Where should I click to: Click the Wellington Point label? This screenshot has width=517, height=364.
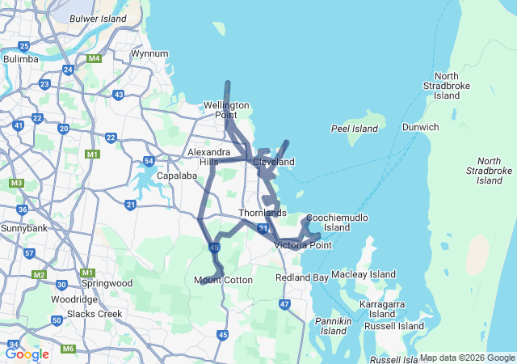tap(226, 110)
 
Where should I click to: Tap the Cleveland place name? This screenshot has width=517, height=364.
tap(274, 162)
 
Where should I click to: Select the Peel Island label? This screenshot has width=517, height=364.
tap(355, 129)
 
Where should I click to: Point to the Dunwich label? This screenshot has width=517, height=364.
tap(420, 127)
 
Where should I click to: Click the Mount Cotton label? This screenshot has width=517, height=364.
tap(223, 281)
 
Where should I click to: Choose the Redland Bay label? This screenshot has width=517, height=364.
tap(302, 277)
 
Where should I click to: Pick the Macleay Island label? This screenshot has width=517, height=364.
tap(364, 274)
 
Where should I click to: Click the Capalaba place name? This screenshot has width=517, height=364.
tap(178, 175)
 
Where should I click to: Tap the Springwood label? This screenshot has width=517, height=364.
tap(107, 284)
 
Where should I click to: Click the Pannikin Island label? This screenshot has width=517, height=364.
tap(334, 326)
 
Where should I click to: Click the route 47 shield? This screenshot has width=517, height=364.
tap(284, 304)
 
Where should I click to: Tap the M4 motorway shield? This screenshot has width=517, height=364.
tap(95, 58)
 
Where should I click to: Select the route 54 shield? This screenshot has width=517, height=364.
tap(149, 161)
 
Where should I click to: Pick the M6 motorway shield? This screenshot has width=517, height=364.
tap(69, 349)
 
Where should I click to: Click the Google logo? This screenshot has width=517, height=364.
tap(27, 353)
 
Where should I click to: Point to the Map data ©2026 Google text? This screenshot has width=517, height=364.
tap(466, 358)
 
